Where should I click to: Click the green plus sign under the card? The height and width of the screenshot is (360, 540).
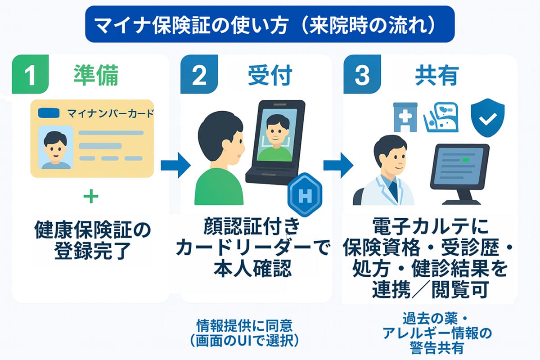(x=91, y=197)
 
